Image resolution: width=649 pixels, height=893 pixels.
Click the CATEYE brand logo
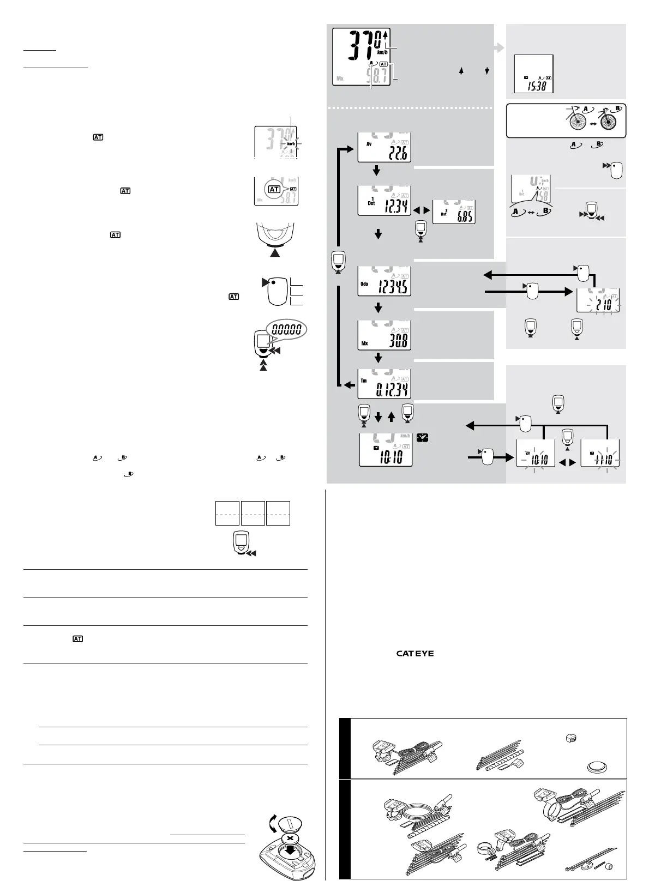pyautogui.click(x=415, y=654)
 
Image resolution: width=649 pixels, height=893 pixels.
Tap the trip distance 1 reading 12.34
pyautogui.click(x=392, y=207)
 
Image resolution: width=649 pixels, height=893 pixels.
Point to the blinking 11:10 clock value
pyautogui.click(x=603, y=456)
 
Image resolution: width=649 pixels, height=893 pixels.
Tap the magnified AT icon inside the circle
pyautogui.click(x=274, y=189)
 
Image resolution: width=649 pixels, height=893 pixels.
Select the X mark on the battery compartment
pyautogui.click(x=290, y=838)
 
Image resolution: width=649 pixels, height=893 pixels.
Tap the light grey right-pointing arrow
pyautogui.click(x=498, y=48)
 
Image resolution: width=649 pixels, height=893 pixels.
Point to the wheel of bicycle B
pyautogui.click(x=609, y=123)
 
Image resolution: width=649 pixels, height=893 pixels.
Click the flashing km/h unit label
pyautogui.click(x=291, y=144)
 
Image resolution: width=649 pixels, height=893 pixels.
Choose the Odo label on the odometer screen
pyautogui.click(x=364, y=283)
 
